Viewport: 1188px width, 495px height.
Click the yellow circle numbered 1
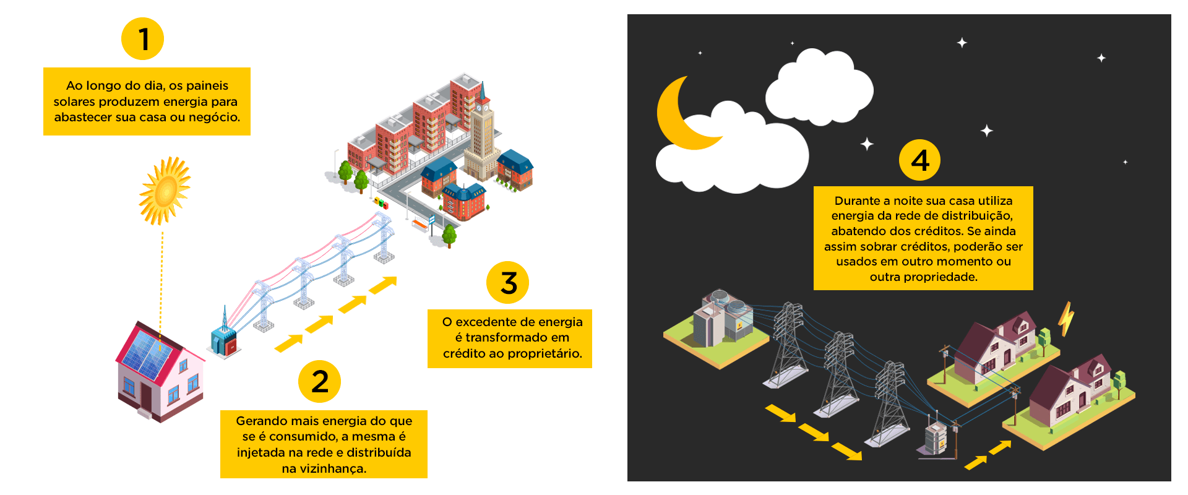(x=142, y=38)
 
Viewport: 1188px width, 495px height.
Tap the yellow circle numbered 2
(x=319, y=381)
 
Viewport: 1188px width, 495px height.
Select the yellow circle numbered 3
(x=507, y=283)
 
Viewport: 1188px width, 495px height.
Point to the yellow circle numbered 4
(x=919, y=160)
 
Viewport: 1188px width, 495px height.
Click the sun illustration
(x=164, y=191)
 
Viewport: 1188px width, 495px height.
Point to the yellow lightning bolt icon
(x=1065, y=318)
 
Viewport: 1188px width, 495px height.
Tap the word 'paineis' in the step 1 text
(x=207, y=85)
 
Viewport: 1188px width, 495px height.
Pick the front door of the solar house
(x=146, y=397)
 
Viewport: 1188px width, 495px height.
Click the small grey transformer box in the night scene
(x=936, y=436)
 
